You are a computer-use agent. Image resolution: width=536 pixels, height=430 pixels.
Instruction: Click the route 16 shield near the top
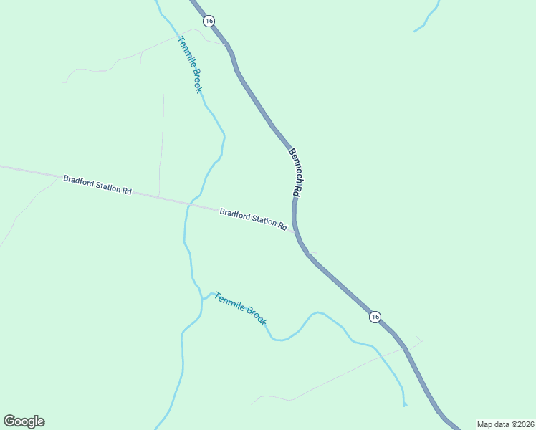pyautogui.click(x=209, y=21)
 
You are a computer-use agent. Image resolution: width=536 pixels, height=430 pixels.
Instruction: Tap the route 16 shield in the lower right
pyautogui.click(x=375, y=317)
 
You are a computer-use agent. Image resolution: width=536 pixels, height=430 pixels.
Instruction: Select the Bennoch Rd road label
pyautogui.click(x=293, y=173)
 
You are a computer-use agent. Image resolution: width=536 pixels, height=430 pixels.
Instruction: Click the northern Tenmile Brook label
pyautogui.click(x=190, y=64)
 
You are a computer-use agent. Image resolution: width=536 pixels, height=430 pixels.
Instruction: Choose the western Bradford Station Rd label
pyautogui.click(x=97, y=185)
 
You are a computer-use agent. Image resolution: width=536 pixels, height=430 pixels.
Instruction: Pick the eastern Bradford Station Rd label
pyautogui.click(x=254, y=218)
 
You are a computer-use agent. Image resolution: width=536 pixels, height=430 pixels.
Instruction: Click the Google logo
pyautogui.click(x=24, y=421)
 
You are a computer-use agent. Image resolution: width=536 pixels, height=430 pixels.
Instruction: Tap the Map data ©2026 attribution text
pyautogui.click(x=505, y=424)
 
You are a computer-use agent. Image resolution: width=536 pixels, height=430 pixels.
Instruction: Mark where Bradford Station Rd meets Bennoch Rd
pyautogui.click(x=295, y=231)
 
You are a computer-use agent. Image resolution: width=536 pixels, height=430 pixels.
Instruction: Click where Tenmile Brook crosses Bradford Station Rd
pyautogui.click(x=189, y=204)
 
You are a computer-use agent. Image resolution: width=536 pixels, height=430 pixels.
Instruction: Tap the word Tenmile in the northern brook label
pyautogui.click(x=186, y=52)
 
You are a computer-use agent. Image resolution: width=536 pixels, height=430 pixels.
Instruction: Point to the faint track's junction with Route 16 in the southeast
pyautogui.click(x=406, y=348)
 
